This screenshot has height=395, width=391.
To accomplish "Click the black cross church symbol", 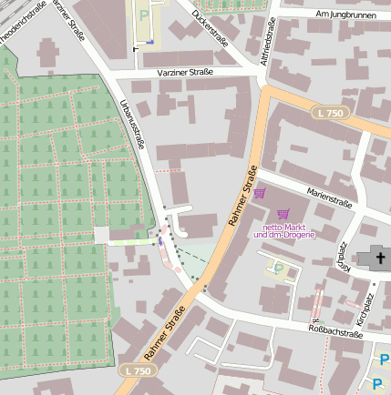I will click(377, 258).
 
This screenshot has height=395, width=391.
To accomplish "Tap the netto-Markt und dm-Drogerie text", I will click(283, 230).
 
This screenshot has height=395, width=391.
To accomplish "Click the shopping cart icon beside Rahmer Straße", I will click(261, 193).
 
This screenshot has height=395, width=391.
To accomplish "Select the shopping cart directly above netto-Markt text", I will click(282, 214).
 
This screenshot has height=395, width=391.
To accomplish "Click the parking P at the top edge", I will click(143, 15).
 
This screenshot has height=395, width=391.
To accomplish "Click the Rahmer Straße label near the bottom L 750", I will click(164, 335).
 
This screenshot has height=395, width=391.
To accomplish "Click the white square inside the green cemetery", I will click(100, 236).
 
